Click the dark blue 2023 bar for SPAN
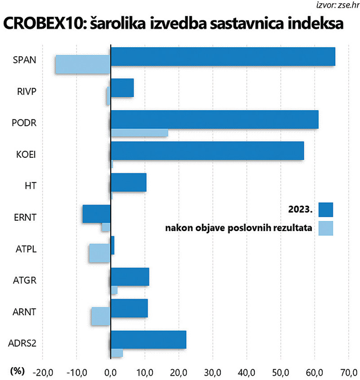[x=223, y=56]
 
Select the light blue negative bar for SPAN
[x=83, y=64]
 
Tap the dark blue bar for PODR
[x=214, y=119]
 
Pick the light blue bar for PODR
[x=139, y=133]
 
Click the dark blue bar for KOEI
[x=207, y=151]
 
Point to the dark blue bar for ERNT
[x=96, y=214]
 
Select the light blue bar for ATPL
[x=99, y=253]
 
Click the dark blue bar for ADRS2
[x=148, y=340]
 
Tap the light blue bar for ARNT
[x=100, y=316]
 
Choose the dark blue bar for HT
[x=128, y=182]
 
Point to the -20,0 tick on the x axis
[x=42, y=372]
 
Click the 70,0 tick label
[x=348, y=372]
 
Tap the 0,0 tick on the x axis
[x=111, y=372]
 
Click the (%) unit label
[x=16, y=371]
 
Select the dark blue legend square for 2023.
[x=325, y=210]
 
